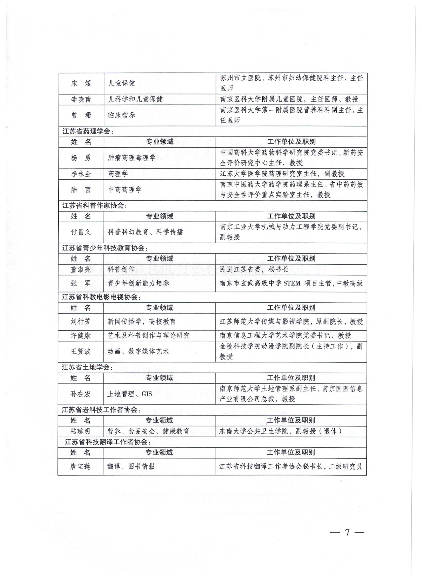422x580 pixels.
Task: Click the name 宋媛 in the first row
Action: (x=81, y=83)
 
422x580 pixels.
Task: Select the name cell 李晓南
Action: (x=81, y=99)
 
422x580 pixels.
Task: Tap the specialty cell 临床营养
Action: (x=121, y=115)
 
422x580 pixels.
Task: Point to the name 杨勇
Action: (x=81, y=158)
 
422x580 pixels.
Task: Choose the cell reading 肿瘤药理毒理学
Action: (x=132, y=158)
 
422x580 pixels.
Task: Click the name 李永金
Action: (x=81, y=174)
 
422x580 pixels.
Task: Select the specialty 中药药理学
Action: (x=125, y=190)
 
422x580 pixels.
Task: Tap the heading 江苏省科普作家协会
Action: (x=94, y=206)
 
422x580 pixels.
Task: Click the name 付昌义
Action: (x=81, y=232)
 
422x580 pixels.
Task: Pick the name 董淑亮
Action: (x=81, y=269)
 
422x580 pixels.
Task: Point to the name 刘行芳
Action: (x=81, y=322)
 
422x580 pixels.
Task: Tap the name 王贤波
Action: (x=81, y=351)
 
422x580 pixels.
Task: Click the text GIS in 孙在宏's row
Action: (x=147, y=394)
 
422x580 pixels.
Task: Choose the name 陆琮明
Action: (x=80, y=431)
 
